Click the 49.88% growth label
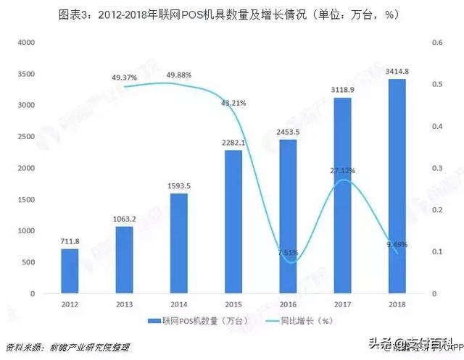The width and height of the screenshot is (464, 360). click(x=179, y=75)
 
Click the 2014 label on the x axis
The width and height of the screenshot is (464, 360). click(x=178, y=305)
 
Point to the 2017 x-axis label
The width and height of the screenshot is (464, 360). click(x=342, y=305)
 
